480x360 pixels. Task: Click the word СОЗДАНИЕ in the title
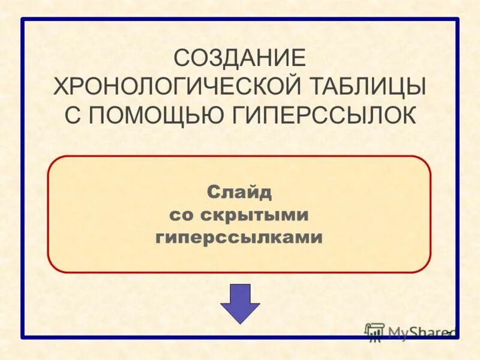[240, 58]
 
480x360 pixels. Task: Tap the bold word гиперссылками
[239, 238]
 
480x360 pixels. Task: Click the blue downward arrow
[240, 302]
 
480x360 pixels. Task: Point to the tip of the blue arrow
[240, 323]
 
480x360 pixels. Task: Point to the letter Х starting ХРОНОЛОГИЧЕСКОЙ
[61, 86]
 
